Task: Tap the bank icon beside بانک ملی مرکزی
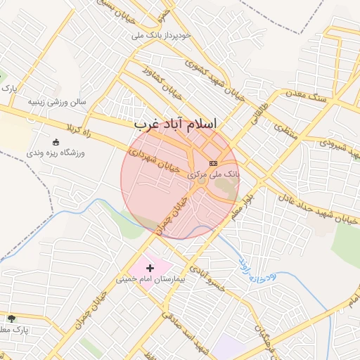click(214, 163)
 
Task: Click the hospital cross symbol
click(150, 268)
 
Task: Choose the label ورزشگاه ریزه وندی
click(56, 153)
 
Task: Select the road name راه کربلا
click(79, 129)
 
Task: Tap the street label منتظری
click(286, 130)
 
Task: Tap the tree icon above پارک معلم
click(11, 319)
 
